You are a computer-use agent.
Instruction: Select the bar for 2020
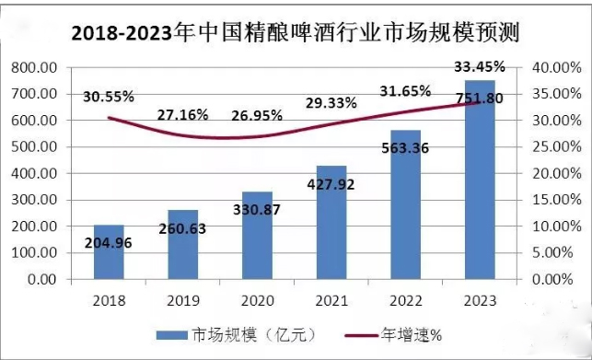(x=257, y=235)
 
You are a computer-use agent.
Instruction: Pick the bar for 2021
(x=331, y=222)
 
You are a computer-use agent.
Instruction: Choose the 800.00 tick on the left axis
(x=35, y=67)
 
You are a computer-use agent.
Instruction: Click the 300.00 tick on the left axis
(x=35, y=200)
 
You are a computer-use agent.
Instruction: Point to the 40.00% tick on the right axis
(x=552, y=67)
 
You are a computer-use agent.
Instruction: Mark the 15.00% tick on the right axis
(x=552, y=200)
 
